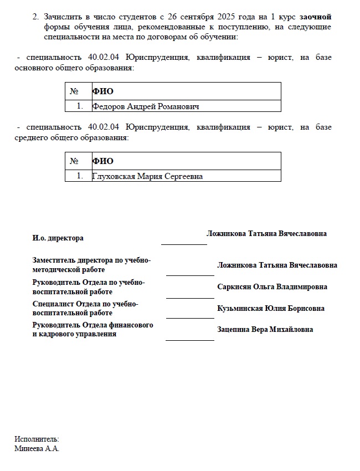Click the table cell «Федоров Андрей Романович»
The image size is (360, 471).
point(146,106)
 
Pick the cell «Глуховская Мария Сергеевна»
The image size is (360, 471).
point(147,176)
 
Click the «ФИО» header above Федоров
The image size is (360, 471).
point(103,91)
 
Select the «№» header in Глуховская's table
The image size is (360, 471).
point(75,161)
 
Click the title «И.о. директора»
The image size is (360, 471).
point(58,238)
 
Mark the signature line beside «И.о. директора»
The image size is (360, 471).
point(183,244)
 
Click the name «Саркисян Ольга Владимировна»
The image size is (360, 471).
point(272,287)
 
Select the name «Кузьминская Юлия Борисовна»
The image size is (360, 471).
point(271,309)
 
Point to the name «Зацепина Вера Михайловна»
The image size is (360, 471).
point(265,330)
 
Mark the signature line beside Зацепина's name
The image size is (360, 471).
point(189,340)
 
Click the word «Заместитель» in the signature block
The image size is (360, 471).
point(54,260)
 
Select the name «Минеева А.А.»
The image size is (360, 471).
point(37,449)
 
